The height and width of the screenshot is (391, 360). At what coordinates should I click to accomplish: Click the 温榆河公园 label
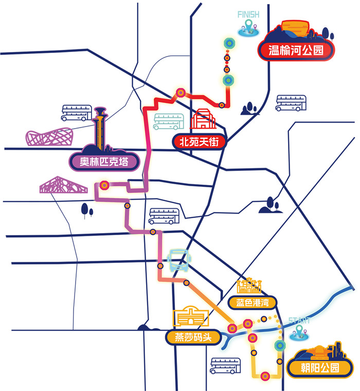pos(296,50)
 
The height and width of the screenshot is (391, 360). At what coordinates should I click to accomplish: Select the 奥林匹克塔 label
pos(105,162)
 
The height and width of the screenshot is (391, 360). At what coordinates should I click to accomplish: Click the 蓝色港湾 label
pos(249,302)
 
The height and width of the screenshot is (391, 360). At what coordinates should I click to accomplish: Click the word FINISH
pos(248,14)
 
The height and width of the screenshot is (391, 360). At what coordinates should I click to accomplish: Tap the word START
pos(299,321)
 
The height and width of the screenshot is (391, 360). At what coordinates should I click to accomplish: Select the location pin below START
pos(300,334)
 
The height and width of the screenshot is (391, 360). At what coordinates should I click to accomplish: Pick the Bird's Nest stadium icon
pos(50,136)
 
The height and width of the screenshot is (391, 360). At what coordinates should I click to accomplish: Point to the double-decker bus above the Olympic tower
pos(77,112)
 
